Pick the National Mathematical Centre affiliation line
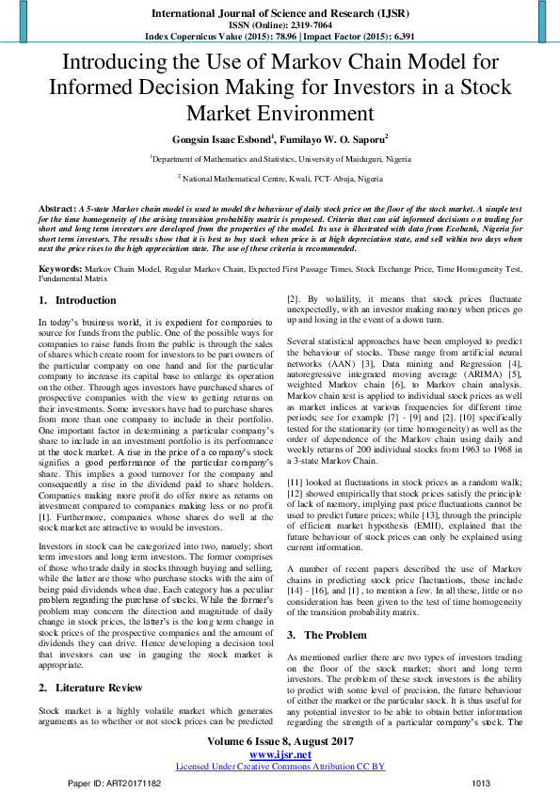coord(280,178)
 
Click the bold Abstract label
coord(56,206)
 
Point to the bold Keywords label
coord(59,268)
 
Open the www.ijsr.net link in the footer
coord(280,754)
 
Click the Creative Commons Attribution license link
coord(280,767)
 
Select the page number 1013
coord(481,783)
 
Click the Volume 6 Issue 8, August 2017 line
coord(280,742)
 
